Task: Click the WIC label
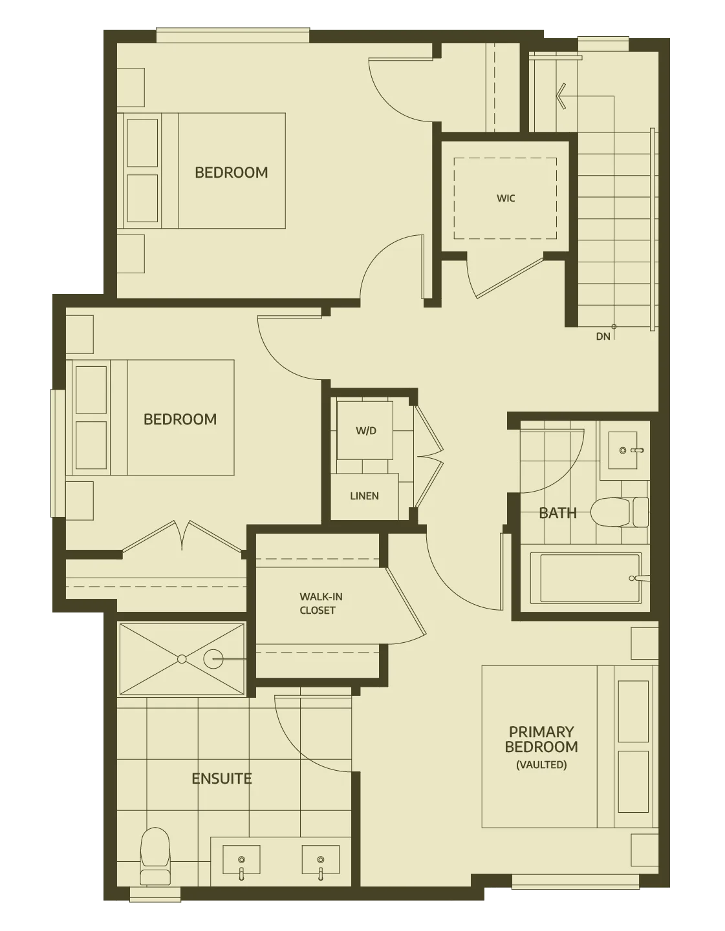click(x=506, y=198)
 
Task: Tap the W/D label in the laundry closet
click(x=365, y=430)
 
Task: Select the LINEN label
click(x=364, y=496)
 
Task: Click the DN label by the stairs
click(x=603, y=337)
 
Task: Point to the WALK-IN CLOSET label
click(x=321, y=603)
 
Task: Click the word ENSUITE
click(x=221, y=779)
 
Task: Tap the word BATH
click(x=557, y=513)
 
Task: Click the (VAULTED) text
click(x=541, y=765)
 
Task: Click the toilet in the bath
click(x=619, y=512)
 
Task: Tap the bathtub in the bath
click(x=586, y=578)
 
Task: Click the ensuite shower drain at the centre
click(x=182, y=659)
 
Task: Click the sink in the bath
click(x=623, y=450)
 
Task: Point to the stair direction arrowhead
click(x=561, y=96)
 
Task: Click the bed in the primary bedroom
click(x=569, y=747)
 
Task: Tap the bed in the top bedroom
click(x=204, y=171)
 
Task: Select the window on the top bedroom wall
click(x=233, y=36)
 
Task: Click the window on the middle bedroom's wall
click(x=58, y=454)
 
